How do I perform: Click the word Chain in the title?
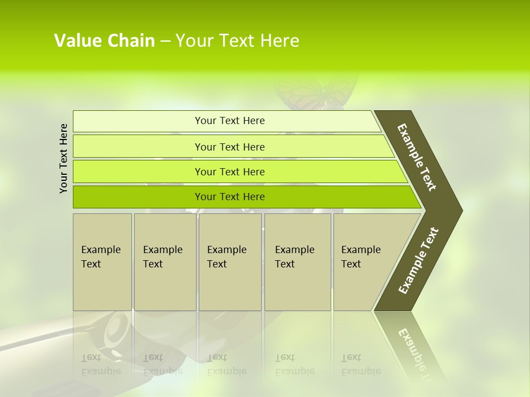(131, 41)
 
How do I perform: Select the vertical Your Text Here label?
(64, 158)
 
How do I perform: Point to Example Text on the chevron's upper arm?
(417, 157)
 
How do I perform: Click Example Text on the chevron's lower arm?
(418, 261)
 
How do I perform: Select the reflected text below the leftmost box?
(100, 364)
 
